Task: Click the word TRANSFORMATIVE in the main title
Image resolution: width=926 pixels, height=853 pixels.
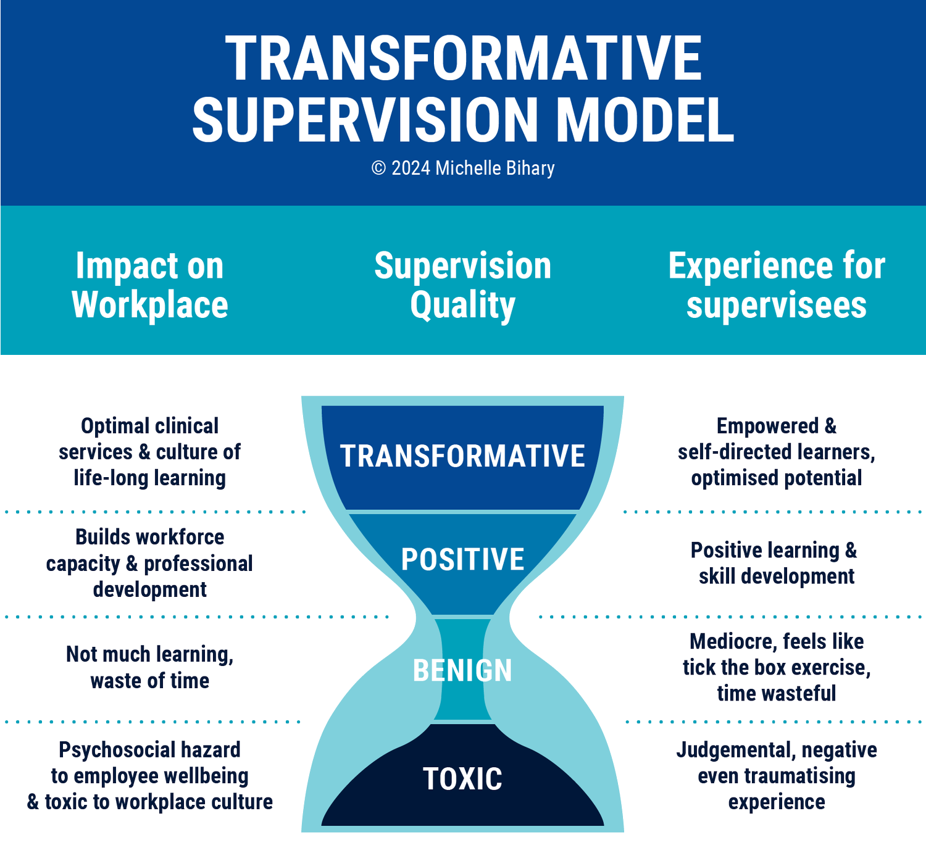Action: (463, 59)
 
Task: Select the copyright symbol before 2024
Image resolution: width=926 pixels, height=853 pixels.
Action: (378, 168)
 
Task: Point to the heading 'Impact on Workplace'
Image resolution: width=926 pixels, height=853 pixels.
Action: (149, 285)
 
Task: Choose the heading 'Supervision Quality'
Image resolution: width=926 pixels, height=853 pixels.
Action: (463, 285)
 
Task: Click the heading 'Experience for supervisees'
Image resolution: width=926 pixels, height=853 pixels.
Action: (777, 285)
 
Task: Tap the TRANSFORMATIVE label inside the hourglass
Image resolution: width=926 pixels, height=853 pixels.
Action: (462, 456)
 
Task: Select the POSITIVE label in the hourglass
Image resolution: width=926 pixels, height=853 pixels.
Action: (462, 559)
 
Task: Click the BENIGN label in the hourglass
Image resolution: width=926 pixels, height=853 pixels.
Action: (462, 670)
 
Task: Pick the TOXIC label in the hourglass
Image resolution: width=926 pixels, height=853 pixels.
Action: (462, 779)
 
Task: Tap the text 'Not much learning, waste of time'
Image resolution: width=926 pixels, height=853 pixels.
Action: (149, 667)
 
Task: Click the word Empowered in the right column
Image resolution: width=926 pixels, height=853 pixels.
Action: (767, 426)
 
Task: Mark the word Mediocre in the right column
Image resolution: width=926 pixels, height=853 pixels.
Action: (730, 642)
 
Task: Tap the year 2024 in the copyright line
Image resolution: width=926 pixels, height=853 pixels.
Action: (411, 168)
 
